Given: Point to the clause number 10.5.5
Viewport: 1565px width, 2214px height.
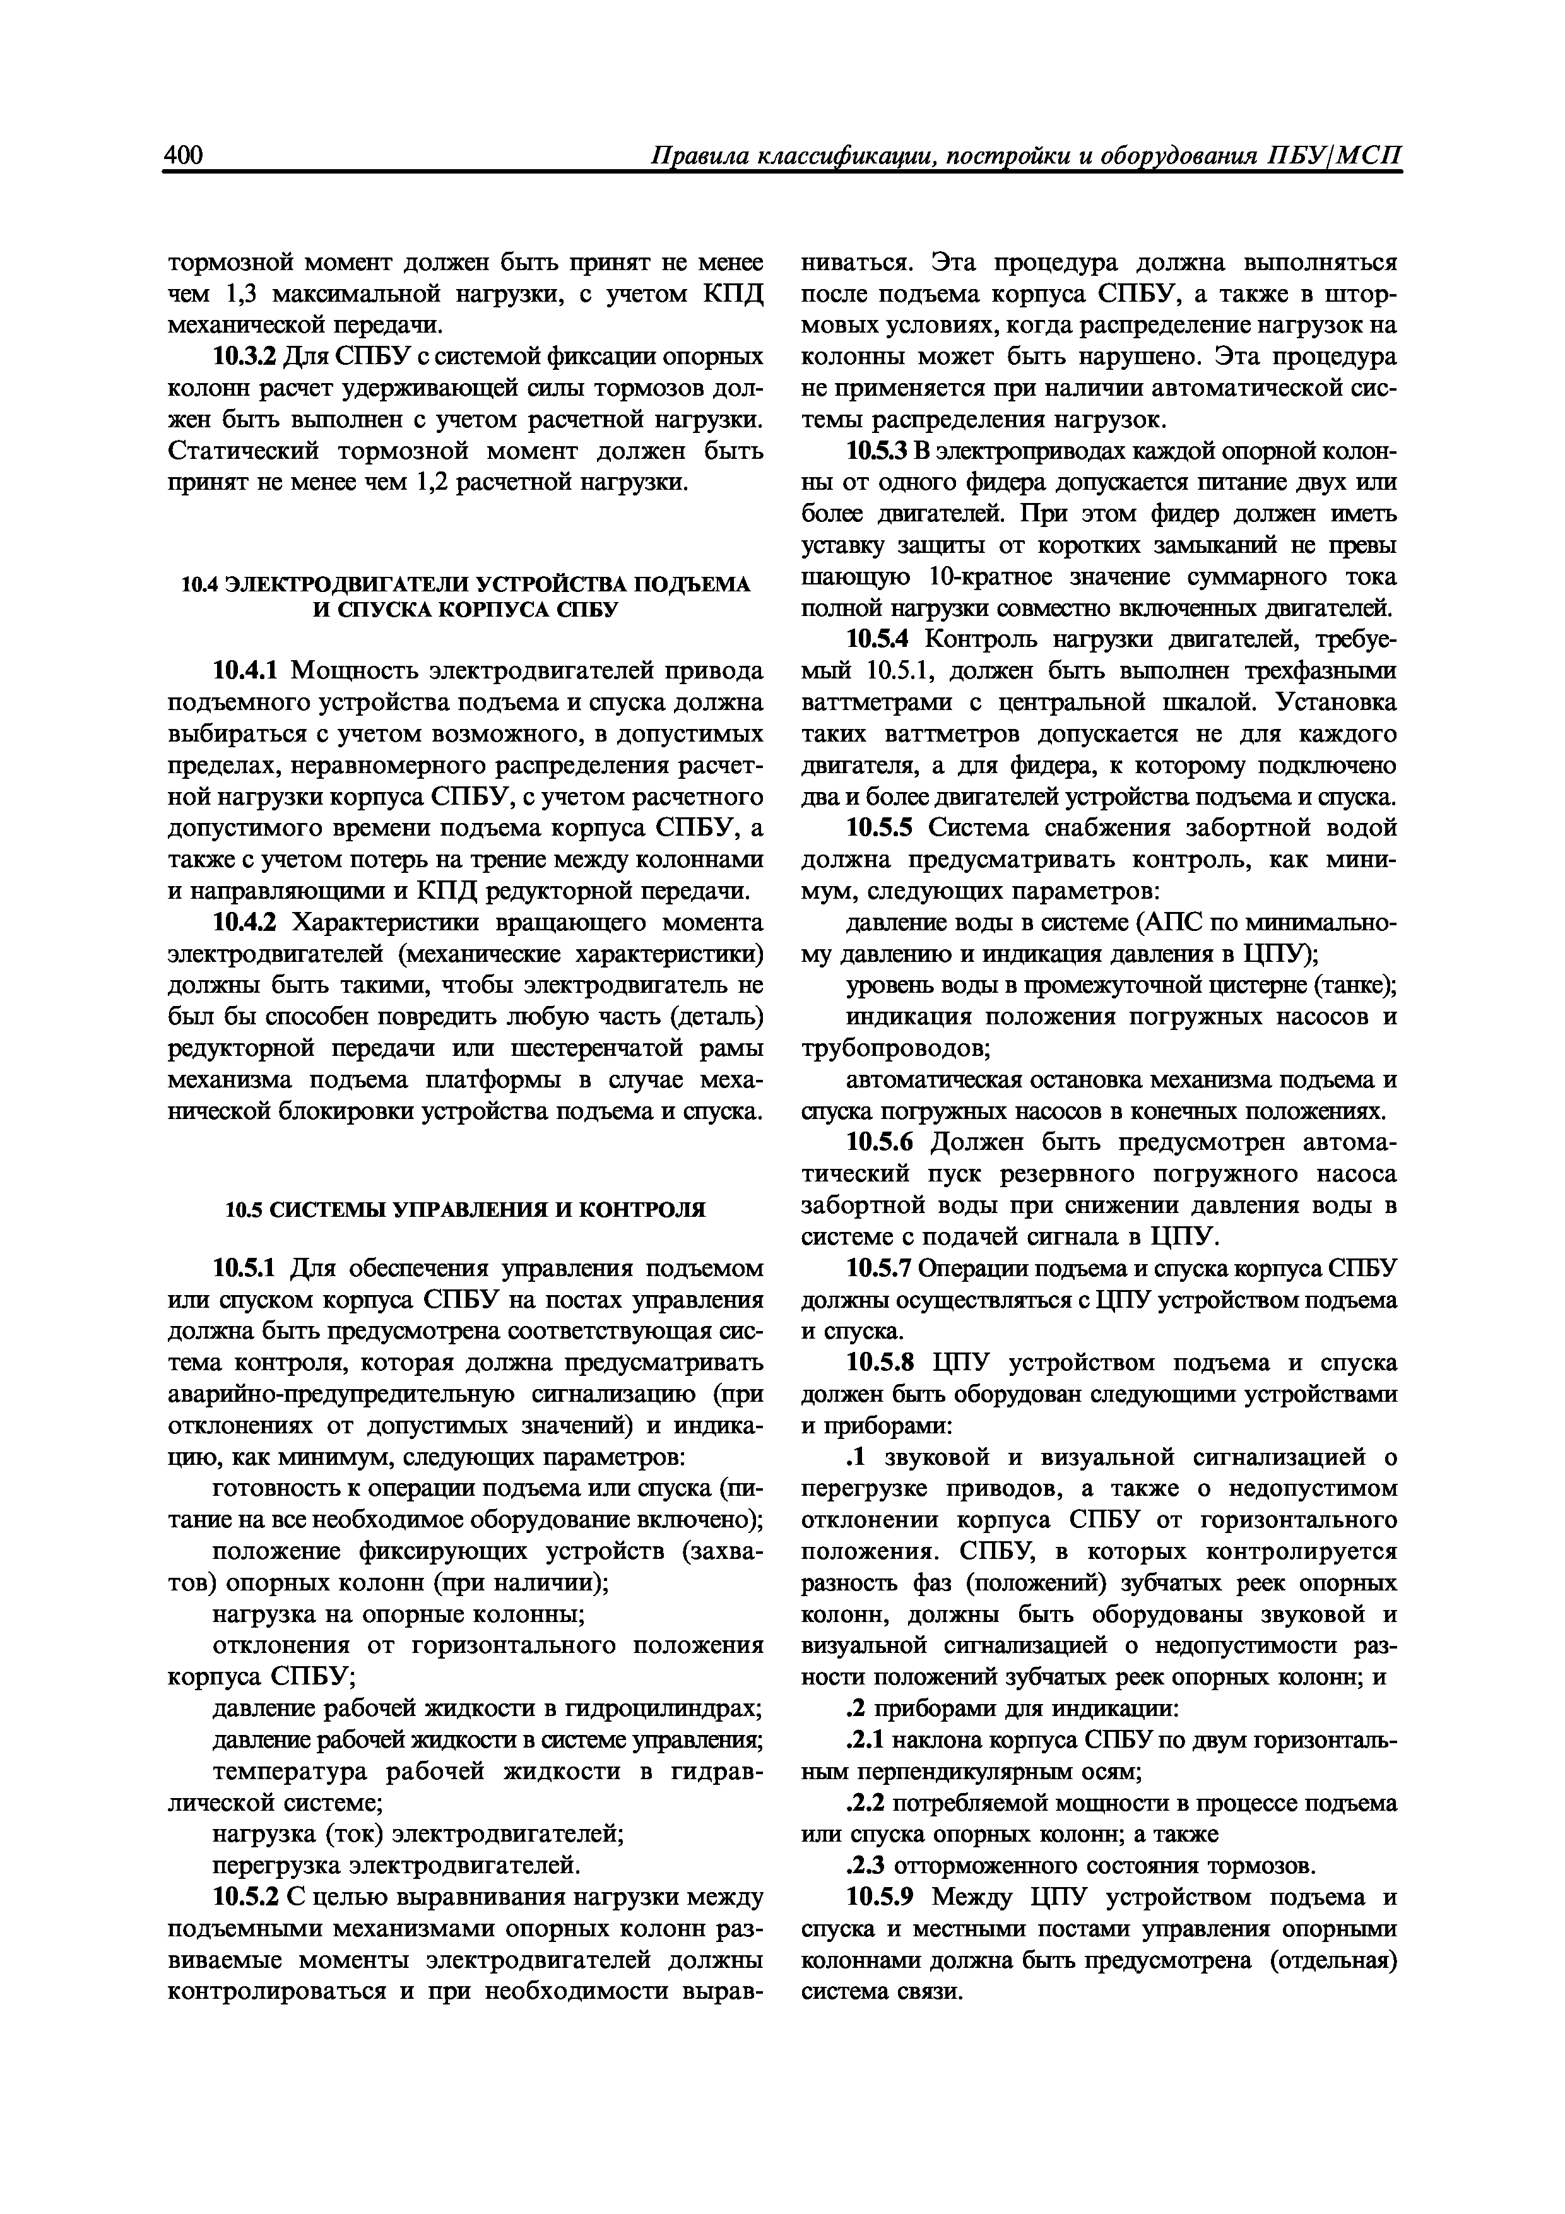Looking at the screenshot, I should click(880, 828).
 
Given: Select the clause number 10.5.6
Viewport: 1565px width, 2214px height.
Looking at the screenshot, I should click(880, 1143).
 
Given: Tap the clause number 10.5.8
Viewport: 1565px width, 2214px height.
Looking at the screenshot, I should click(880, 1363).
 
